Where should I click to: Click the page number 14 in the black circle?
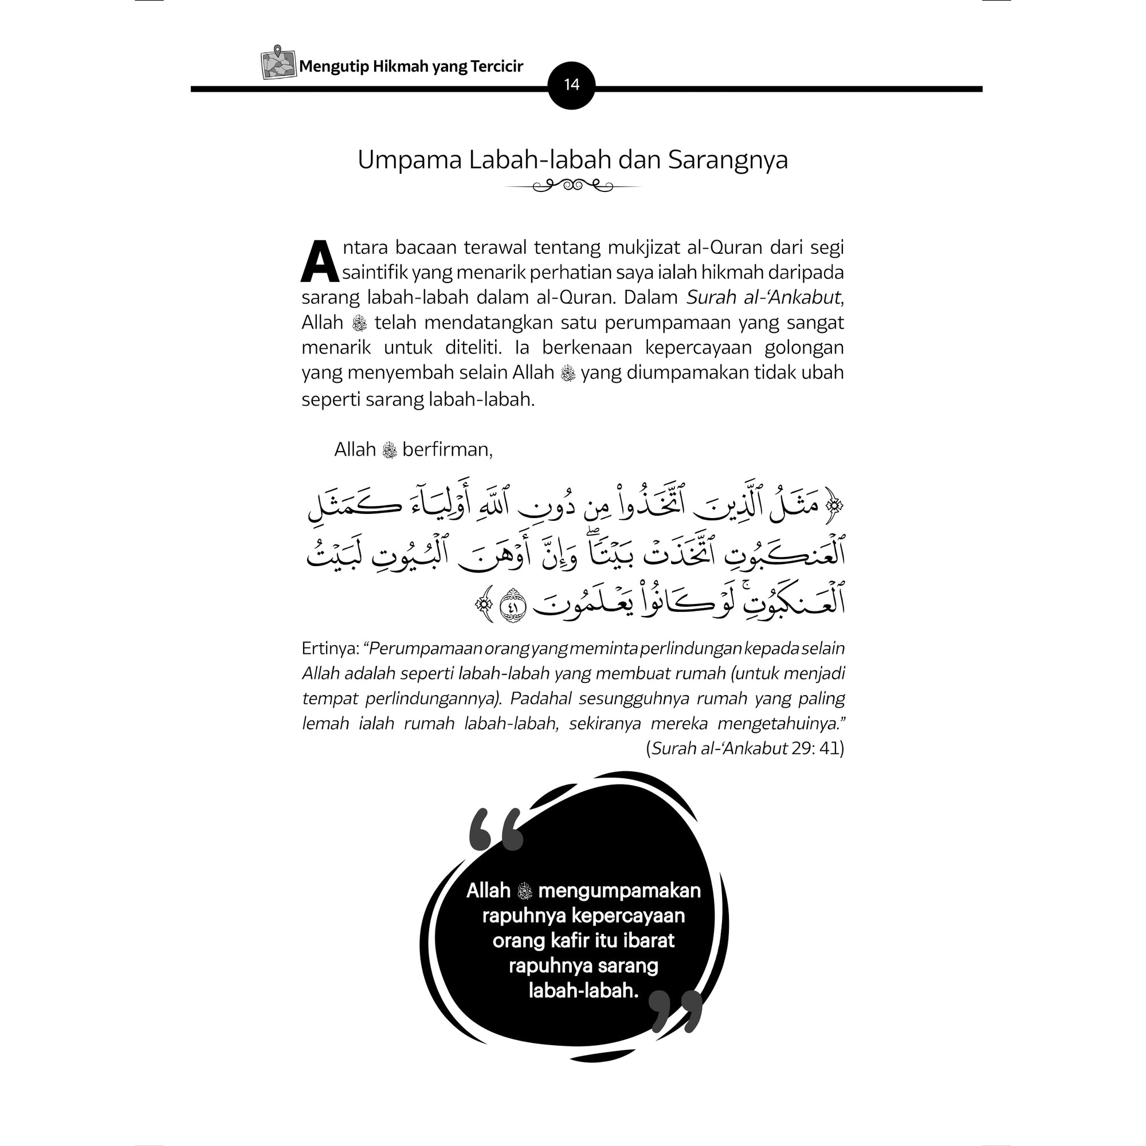[571, 85]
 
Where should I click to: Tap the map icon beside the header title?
[278, 63]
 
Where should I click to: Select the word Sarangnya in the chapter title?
[728, 160]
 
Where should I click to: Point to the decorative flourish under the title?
[572, 187]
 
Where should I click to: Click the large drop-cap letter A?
[320, 262]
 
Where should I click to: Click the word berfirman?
[448, 450]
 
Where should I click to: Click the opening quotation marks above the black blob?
[496, 829]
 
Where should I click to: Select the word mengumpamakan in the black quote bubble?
[619, 890]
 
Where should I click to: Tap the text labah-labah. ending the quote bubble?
[583, 991]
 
